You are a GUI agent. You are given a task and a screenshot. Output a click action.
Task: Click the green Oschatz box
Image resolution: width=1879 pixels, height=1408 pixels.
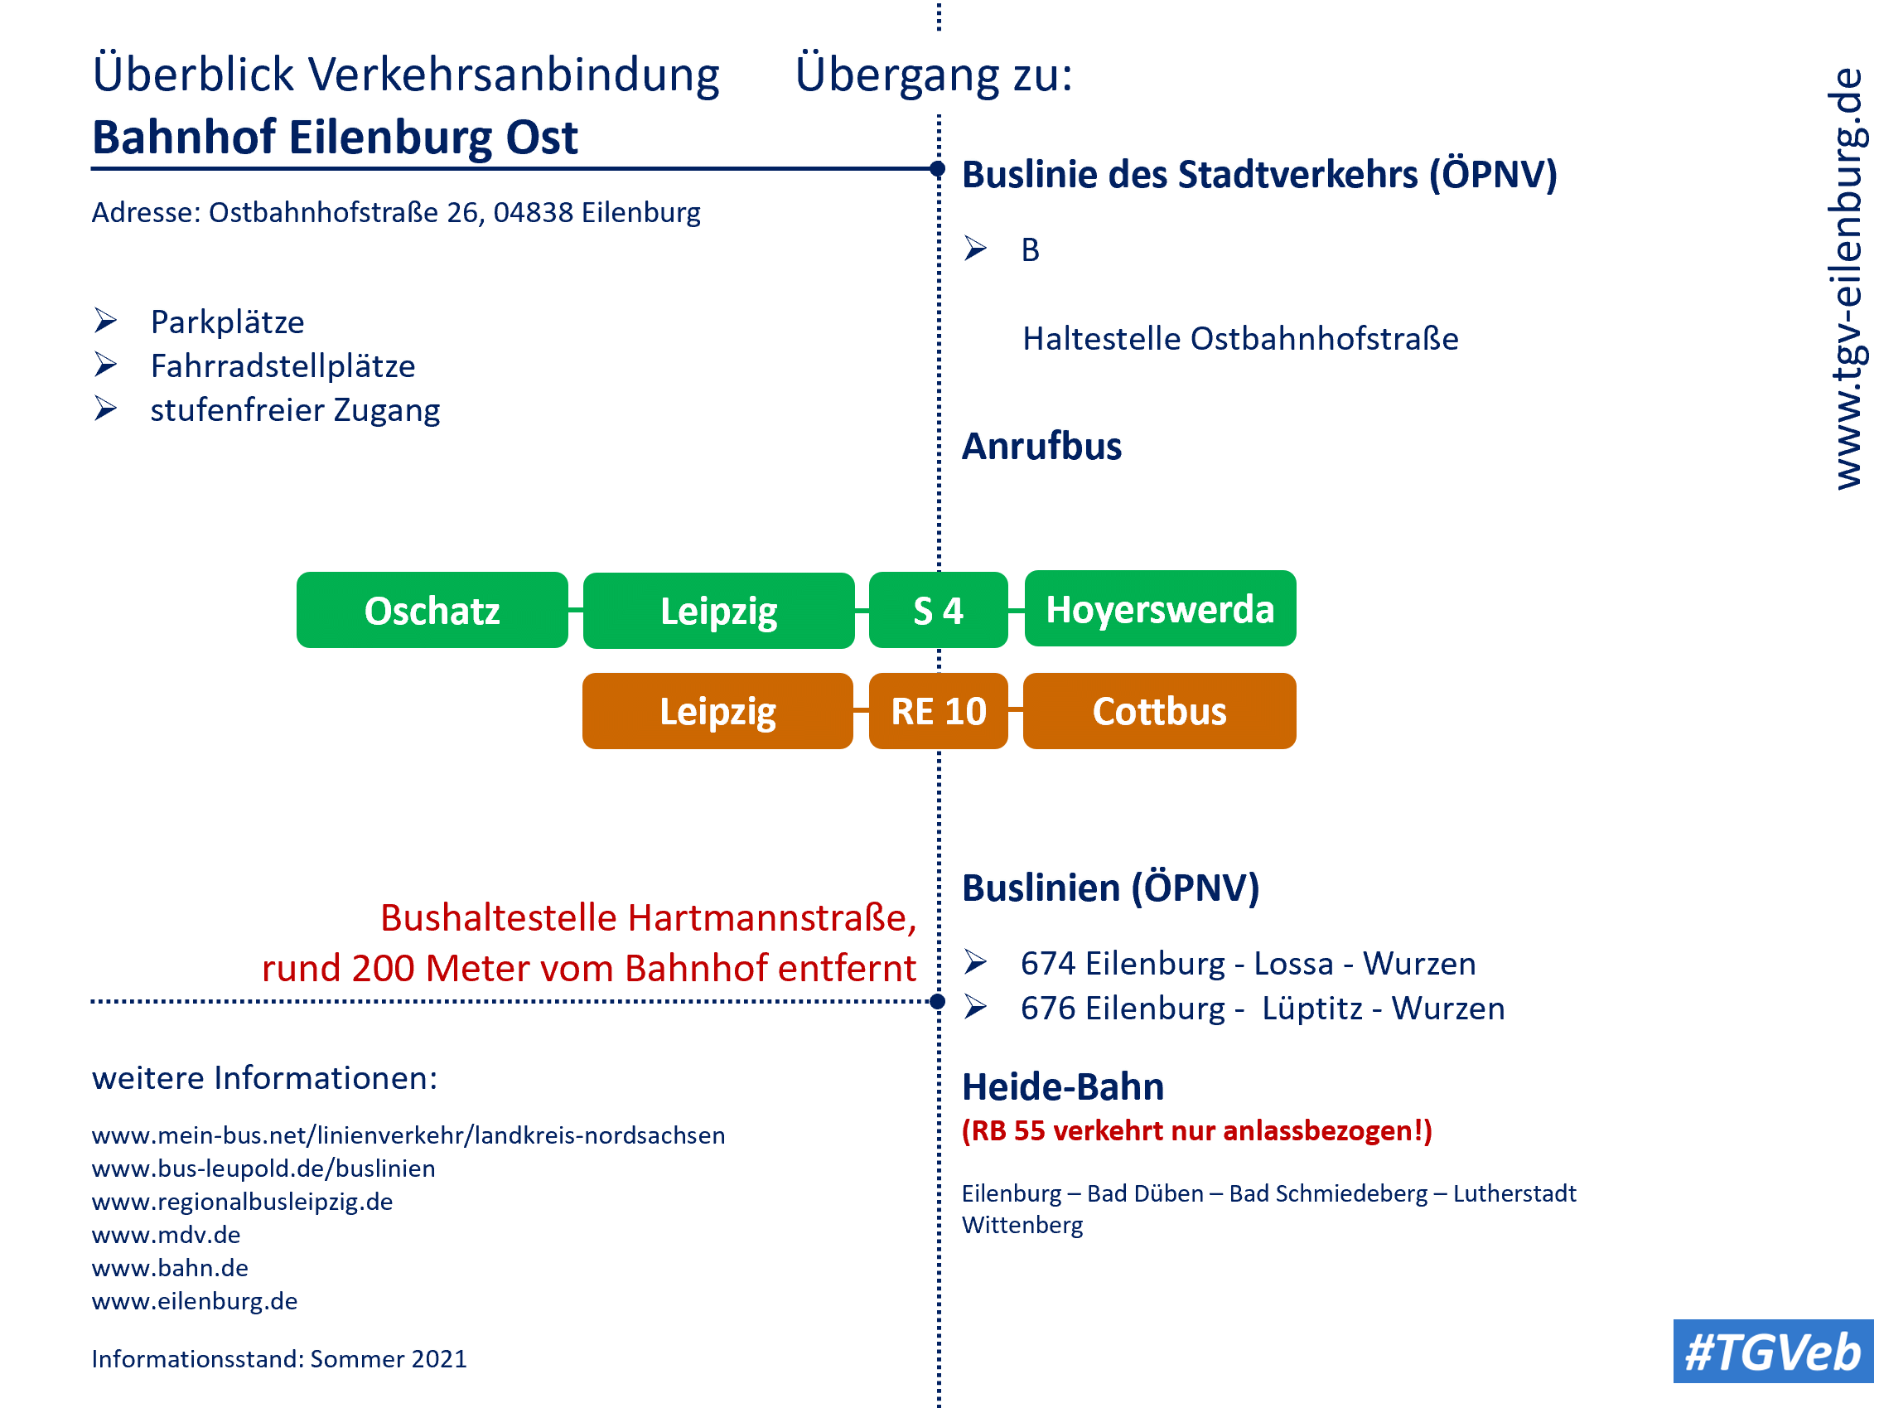tap(432, 610)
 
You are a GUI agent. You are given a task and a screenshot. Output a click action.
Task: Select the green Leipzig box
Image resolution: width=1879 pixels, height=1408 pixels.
tap(718, 611)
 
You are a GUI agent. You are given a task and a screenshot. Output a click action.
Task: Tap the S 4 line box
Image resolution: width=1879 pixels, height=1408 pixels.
tap(938, 610)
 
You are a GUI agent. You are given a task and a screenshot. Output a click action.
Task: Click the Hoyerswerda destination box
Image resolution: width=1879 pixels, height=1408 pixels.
tap(1161, 608)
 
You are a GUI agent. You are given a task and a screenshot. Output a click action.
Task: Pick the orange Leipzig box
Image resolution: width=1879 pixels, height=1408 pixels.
tap(717, 711)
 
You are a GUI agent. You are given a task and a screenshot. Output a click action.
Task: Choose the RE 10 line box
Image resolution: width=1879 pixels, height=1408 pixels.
tap(938, 711)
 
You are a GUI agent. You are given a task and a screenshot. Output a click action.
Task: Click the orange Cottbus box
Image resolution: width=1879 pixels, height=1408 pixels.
tap(1160, 711)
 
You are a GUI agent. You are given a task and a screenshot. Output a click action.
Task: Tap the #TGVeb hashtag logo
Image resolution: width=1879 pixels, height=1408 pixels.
tap(1773, 1351)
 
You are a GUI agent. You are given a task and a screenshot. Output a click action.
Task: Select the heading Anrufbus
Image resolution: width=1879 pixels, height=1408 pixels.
tap(1041, 446)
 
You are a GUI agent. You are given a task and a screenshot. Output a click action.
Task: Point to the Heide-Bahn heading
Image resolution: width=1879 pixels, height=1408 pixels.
tap(1063, 1086)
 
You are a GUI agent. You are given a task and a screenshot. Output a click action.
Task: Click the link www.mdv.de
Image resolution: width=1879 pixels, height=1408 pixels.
tap(167, 1235)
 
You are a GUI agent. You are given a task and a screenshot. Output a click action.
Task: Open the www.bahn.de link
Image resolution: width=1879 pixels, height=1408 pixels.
tap(170, 1268)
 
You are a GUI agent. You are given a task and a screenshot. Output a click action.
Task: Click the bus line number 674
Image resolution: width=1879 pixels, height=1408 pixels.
tap(1047, 964)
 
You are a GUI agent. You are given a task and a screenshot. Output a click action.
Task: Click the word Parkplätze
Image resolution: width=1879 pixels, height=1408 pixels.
tap(228, 322)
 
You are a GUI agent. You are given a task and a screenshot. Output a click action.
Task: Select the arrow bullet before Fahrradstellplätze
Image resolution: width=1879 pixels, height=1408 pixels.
tap(105, 365)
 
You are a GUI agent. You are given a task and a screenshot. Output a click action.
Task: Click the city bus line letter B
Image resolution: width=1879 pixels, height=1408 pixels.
tap(1031, 249)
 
